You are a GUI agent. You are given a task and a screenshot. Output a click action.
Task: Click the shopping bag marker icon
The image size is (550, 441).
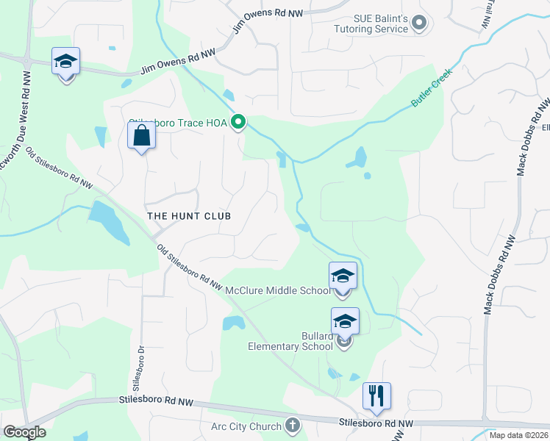click(x=140, y=136)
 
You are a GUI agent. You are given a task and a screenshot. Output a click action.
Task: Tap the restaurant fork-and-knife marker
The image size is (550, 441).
click(x=376, y=396)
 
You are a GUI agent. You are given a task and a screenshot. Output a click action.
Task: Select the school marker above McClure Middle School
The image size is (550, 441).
click(x=343, y=276)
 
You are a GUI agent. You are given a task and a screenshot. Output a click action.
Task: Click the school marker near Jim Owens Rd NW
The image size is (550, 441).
click(x=65, y=62)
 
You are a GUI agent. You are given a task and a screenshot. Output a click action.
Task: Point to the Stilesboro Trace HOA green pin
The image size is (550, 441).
click(x=238, y=123)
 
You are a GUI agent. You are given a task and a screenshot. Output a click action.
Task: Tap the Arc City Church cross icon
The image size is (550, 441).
click(x=292, y=426)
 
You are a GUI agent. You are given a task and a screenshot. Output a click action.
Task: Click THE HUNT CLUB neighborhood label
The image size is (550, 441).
click(x=189, y=216)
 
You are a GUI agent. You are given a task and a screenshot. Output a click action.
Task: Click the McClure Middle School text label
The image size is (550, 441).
click(x=278, y=291)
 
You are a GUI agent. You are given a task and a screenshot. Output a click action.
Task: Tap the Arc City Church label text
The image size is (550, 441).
click(x=246, y=426)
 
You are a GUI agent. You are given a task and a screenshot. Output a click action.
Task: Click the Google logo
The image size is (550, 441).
click(x=24, y=432)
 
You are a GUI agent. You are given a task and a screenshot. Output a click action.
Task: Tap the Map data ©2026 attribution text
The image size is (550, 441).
click(x=518, y=435)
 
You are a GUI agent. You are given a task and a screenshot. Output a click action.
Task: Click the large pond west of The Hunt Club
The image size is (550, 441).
click(x=109, y=221)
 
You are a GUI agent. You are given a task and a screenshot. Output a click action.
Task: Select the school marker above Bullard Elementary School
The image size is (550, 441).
click(x=345, y=322)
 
